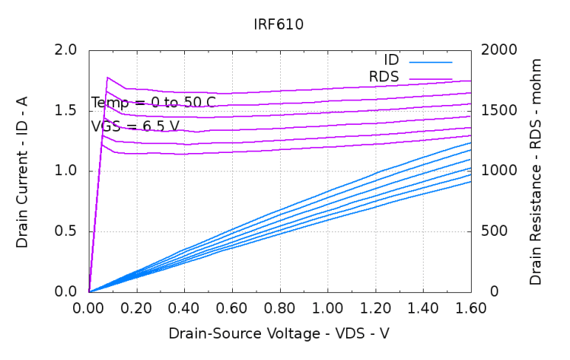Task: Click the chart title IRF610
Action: coord(279,24)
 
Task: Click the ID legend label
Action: coord(391,60)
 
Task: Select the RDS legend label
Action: coord(384,77)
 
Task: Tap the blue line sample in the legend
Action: coord(431,61)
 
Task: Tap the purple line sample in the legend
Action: coord(431,78)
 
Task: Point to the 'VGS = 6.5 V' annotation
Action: coord(135,126)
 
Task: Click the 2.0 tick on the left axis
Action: coord(68,50)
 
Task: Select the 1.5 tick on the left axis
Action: coord(68,110)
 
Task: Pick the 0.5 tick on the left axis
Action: coord(68,231)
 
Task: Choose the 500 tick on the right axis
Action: coord(495,231)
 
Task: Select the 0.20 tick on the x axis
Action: coord(136,309)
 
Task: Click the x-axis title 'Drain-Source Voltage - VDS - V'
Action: coord(279,333)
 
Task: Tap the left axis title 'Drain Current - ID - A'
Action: coord(22,171)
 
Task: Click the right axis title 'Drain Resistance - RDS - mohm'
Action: coord(537,171)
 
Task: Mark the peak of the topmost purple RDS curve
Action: coord(107,78)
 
